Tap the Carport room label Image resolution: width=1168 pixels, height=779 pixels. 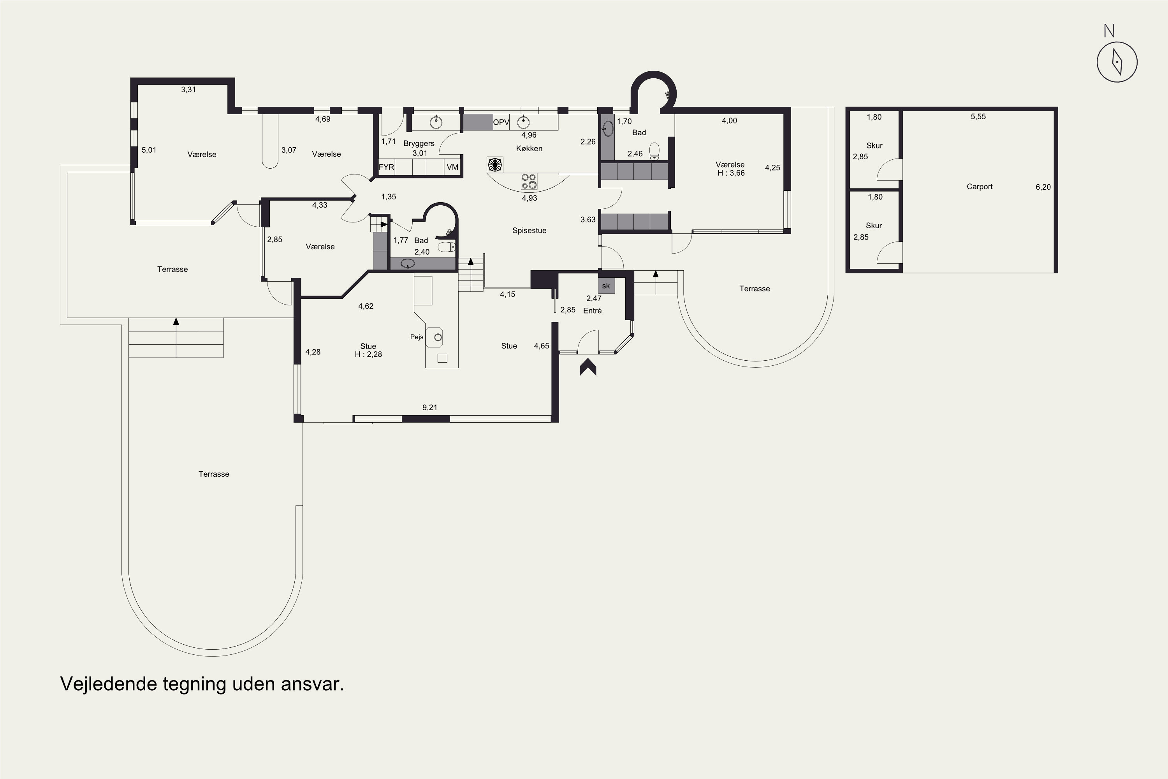coord(979,187)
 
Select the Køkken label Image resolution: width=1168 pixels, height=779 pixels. coord(529,148)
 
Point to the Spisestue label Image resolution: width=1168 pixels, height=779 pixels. coord(529,231)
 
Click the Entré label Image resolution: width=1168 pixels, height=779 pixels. coord(593,310)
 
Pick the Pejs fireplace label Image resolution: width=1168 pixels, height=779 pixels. coord(417,337)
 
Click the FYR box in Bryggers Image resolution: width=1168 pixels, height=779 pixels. coord(386,167)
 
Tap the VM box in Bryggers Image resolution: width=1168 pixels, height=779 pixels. coord(452,167)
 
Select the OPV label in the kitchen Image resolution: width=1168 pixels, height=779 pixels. coord(501,122)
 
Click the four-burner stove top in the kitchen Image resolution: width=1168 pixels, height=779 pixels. coord(529,182)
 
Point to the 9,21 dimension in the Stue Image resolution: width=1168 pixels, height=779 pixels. coord(429,407)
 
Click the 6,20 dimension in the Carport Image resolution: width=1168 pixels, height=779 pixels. coord(1043,187)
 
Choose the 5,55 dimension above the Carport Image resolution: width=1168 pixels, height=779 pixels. coord(978,117)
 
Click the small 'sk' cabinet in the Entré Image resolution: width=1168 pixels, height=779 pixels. coord(606,286)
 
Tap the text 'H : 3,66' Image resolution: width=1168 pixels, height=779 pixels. coord(731,173)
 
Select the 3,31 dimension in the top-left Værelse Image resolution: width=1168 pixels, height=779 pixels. coord(188,90)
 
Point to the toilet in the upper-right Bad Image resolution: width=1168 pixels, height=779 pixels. coord(654,151)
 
